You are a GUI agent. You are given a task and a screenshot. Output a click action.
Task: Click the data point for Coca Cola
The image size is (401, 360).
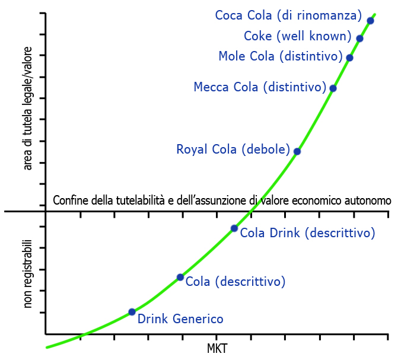tap(370, 21)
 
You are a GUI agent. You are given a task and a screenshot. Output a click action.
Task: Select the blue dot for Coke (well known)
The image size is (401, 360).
tap(359, 39)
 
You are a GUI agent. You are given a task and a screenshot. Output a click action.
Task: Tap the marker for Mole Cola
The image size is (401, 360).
tap(349, 58)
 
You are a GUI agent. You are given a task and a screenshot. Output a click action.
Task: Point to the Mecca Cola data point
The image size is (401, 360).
tap(333, 88)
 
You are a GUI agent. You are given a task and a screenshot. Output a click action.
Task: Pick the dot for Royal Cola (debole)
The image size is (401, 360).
tap(297, 151)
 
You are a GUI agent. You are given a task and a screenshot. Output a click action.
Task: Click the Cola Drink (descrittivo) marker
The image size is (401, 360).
tap(234, 228)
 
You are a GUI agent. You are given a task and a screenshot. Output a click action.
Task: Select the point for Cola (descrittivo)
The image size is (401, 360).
tap(180, 277)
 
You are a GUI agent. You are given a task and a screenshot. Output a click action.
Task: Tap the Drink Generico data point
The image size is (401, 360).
tap(132, 312)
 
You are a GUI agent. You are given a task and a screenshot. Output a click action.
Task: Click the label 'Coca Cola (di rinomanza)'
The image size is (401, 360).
tap(288, 15)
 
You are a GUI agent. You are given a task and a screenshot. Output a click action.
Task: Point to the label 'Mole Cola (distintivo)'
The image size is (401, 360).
tap(281, 56)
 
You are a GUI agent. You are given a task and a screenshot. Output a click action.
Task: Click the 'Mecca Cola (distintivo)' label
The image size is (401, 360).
tap(260, 88)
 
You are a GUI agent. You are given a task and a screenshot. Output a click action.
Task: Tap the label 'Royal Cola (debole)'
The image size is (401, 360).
tap(233, 149)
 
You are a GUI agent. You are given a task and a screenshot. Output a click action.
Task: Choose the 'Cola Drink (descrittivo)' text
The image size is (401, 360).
tap(307, 233)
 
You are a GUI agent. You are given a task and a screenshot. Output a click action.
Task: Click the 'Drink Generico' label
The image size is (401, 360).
tap(180, 319)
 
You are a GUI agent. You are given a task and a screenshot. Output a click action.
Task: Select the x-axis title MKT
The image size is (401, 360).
tap(217, 348)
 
